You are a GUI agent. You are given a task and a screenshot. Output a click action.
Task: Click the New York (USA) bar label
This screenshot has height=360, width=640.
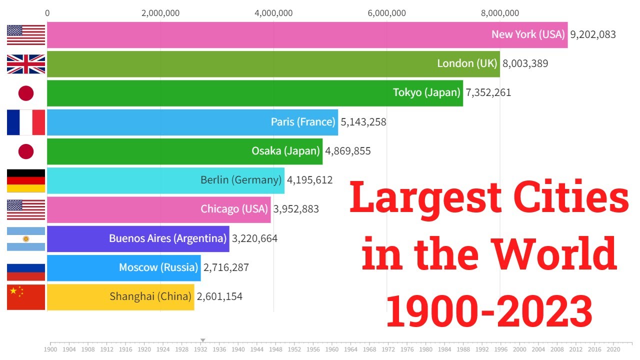(x=527, y=34)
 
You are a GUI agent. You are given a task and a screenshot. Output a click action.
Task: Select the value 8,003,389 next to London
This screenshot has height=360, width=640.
(x=525, y=63)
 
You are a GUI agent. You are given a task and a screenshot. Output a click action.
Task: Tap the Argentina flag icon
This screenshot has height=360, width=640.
(x=26, y=238)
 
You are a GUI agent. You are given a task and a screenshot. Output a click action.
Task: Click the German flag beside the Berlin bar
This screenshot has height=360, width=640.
(x=26, y=180)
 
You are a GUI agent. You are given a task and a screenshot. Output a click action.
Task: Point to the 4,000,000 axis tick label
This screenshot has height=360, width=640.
(x=273, y=13)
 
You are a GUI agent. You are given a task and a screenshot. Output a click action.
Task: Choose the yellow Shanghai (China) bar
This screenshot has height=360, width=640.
(x=120, y=296)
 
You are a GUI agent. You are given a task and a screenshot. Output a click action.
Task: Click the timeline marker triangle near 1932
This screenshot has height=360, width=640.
(x=202, y=340)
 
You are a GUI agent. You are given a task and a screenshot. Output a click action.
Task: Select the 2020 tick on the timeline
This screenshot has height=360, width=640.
(x=613, y=349)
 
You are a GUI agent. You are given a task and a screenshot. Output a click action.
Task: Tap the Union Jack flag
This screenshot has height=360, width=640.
(x=26, y=64)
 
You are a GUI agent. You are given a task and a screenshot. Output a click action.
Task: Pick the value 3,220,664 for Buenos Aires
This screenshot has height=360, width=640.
(x=254, y=238)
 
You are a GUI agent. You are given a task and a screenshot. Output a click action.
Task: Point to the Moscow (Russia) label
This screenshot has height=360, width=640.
(x=158, y=267)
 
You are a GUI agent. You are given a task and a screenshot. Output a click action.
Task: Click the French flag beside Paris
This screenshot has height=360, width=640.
(x=26, y=122)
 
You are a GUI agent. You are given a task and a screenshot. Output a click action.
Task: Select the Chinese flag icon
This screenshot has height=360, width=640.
(x=26, y=297)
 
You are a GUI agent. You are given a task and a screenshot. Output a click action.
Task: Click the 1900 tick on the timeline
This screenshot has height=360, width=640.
(x=50, y=349)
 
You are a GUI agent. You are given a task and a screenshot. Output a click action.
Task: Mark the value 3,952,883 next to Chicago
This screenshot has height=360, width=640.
(x=296, y=209)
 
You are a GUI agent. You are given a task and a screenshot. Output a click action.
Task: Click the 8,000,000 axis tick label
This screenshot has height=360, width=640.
(x=500, y=13)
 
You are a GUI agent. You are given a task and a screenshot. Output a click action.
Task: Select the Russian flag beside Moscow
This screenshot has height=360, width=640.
(x=26, y=268)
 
